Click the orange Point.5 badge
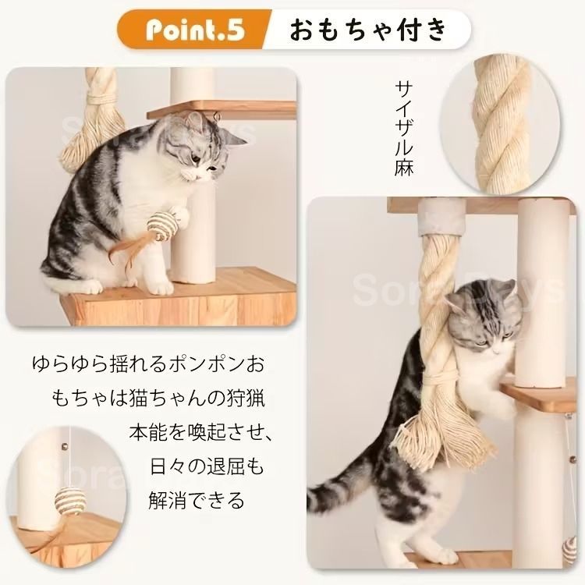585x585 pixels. pyautogui.click(x=192, y=31)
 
